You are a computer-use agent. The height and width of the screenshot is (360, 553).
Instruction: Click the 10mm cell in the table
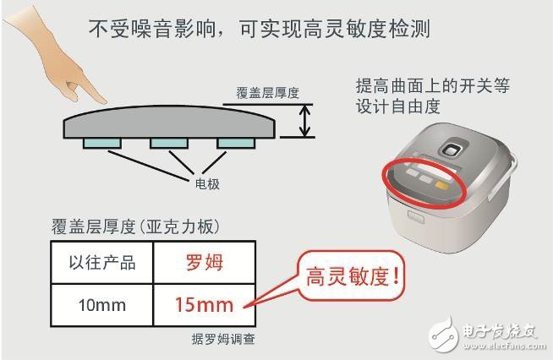[102, 305]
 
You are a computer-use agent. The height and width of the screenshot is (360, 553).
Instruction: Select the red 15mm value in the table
[204, 305]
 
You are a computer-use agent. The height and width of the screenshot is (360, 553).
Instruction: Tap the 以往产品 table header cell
[102, 263]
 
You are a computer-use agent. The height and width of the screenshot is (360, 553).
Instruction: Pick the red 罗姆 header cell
[205, 263]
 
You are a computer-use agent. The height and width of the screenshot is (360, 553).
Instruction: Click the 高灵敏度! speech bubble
[351, 276]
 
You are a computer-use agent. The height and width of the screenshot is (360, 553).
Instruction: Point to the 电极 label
[207, 183]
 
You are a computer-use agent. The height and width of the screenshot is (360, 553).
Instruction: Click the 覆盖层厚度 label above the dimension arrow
[267, 93]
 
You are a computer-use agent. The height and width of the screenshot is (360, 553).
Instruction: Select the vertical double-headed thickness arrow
[304, 121]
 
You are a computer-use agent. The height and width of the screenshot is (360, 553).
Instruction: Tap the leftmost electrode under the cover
[102, 143]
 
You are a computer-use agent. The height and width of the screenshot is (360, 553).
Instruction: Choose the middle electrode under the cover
[169, 143]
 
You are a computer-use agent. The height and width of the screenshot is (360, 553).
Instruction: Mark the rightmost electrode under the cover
[236, 143]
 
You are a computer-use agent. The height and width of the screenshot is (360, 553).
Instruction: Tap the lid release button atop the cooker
[452, 149]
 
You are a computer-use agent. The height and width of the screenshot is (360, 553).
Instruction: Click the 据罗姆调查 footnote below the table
[223, 339]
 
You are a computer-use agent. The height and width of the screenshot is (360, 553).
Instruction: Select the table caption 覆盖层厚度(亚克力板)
[136, 226]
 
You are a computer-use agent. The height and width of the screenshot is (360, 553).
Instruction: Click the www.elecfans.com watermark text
[504, 346]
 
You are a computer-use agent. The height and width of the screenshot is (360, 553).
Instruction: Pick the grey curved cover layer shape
[169, 123]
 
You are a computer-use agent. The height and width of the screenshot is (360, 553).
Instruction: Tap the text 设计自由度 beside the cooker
[397, 106]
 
